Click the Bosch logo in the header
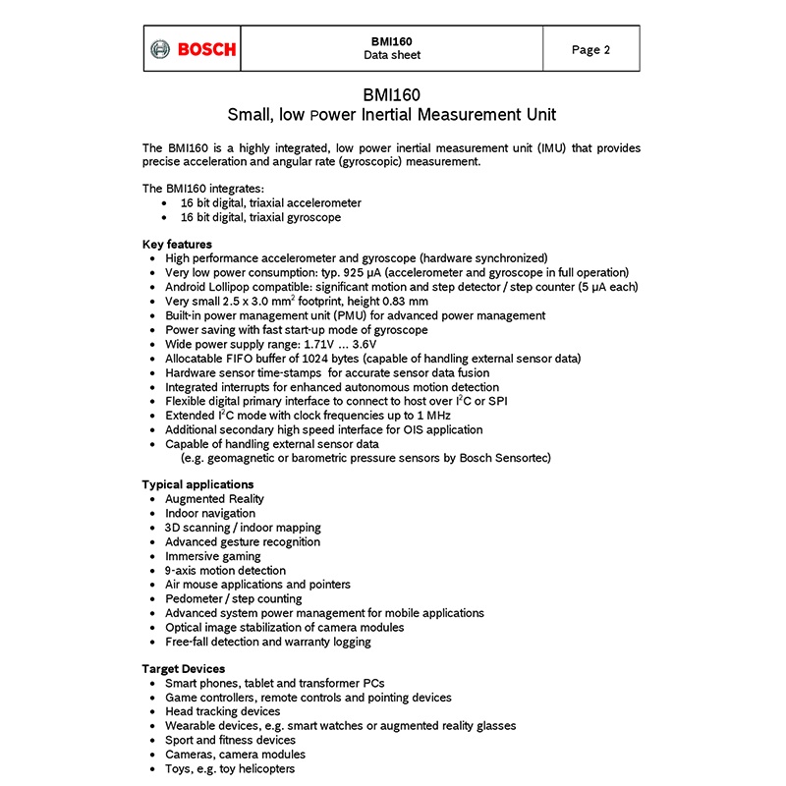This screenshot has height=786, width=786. (193, 49)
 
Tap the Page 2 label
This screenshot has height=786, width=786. (591, 50)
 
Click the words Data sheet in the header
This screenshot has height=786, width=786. (391, 56)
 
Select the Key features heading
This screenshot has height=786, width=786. (177, 244)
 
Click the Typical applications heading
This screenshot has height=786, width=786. (197, 484)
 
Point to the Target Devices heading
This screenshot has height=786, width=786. (184, 669)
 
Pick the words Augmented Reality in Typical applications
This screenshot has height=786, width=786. (214, 499)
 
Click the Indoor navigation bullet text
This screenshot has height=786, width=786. (210, 513)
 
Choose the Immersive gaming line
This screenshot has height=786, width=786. (213, 556)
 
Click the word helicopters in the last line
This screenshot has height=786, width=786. (261, 768)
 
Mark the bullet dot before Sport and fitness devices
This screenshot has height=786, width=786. (152, 741)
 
